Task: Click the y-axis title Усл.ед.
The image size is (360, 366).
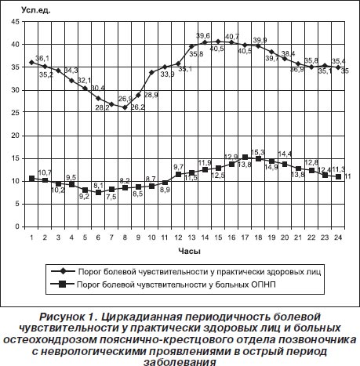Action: point(36,10)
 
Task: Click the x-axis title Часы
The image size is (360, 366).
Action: point(190,251)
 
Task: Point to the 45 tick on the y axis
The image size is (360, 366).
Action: point(16,22)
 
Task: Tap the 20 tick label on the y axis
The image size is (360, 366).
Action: point(16,136)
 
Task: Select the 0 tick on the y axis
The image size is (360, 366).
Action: point(17,226)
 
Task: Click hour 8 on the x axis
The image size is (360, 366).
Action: point(125,237)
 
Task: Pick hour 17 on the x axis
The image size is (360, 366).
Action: point(245,237)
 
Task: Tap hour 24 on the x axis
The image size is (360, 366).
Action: point(338,237)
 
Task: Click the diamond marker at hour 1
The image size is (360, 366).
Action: point(32,63)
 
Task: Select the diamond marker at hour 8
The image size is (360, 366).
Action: point(125,107)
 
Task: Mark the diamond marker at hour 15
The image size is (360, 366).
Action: point(218,42)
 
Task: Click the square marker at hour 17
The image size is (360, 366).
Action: point(245,157)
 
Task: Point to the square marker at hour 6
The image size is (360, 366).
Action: point(98,192)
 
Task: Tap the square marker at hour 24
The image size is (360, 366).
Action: point(338,176)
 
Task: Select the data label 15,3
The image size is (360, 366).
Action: point(258,151)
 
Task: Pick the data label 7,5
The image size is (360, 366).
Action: point(111,197)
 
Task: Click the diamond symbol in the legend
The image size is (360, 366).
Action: point(63,271)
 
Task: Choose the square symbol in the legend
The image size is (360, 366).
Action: point(63,284)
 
